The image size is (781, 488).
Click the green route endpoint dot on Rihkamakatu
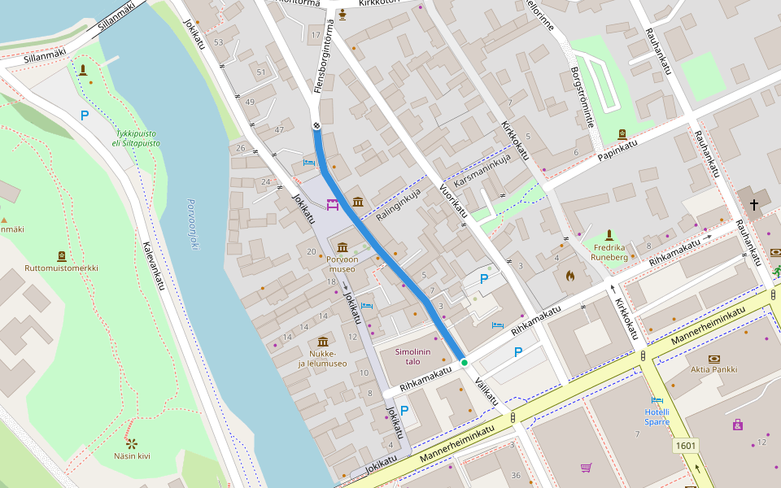coord(464,362)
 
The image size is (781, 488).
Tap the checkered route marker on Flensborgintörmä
coord(316,125)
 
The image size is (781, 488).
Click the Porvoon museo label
coord(342,264)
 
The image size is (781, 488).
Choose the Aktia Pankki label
coord(713,369)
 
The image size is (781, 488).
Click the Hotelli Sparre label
coord(657,416)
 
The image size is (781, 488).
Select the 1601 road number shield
coord(686,445)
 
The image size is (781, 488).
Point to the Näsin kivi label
coord(132,455)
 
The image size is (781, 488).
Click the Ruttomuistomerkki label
coord(61,268)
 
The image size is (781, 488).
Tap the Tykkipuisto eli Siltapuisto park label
coord(137,137)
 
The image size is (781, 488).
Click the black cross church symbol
coord(754,205)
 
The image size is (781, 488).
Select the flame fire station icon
coord(569,277)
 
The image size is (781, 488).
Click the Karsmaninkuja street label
coord(482,171)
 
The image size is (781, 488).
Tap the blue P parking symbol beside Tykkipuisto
coord(84,115)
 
